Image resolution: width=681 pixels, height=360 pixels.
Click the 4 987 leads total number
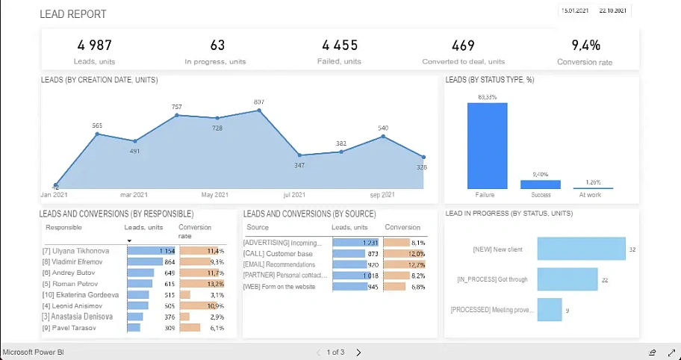[94, 46]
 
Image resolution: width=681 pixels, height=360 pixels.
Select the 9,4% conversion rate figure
[585, 46]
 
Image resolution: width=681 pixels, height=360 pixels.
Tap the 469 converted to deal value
[463, 46]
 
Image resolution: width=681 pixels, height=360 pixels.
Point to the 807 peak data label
[259, 102]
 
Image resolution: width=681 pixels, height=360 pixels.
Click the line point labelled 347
[300, 155]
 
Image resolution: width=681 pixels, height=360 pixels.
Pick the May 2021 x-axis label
[215, 195]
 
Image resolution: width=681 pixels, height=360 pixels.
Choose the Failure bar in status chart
[487, 146]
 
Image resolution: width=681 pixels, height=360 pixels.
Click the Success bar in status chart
[540, 184]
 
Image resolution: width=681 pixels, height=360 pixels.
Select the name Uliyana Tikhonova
[76, 251]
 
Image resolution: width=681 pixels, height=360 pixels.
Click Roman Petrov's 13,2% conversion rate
[215, 284]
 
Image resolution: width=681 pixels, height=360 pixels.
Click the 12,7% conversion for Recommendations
[417, 264]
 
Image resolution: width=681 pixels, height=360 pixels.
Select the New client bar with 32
[581, 249]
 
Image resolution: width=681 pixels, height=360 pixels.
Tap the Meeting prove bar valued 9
[549, 309]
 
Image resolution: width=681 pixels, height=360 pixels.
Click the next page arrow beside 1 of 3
[358, 352]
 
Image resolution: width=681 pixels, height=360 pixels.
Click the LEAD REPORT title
[72, 14]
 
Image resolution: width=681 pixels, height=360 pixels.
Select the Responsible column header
[63, 227]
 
